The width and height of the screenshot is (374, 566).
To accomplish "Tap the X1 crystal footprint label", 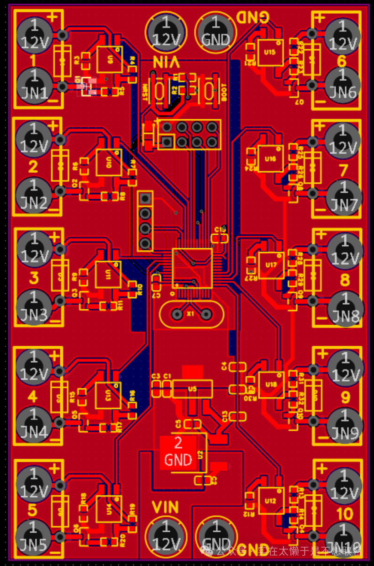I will (190, 314).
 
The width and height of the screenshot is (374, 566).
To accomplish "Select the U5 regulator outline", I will (192, 389).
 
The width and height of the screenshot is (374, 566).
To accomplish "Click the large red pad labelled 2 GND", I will (179, 452).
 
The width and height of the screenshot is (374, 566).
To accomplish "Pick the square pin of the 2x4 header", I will (167, 142).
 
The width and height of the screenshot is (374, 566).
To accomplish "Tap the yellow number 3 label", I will (33, 278).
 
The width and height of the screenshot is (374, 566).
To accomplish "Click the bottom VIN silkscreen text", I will (165, 507).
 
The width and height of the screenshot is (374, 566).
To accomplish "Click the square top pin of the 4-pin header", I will (145, 199).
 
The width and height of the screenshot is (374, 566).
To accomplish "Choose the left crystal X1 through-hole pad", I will (177, 314).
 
